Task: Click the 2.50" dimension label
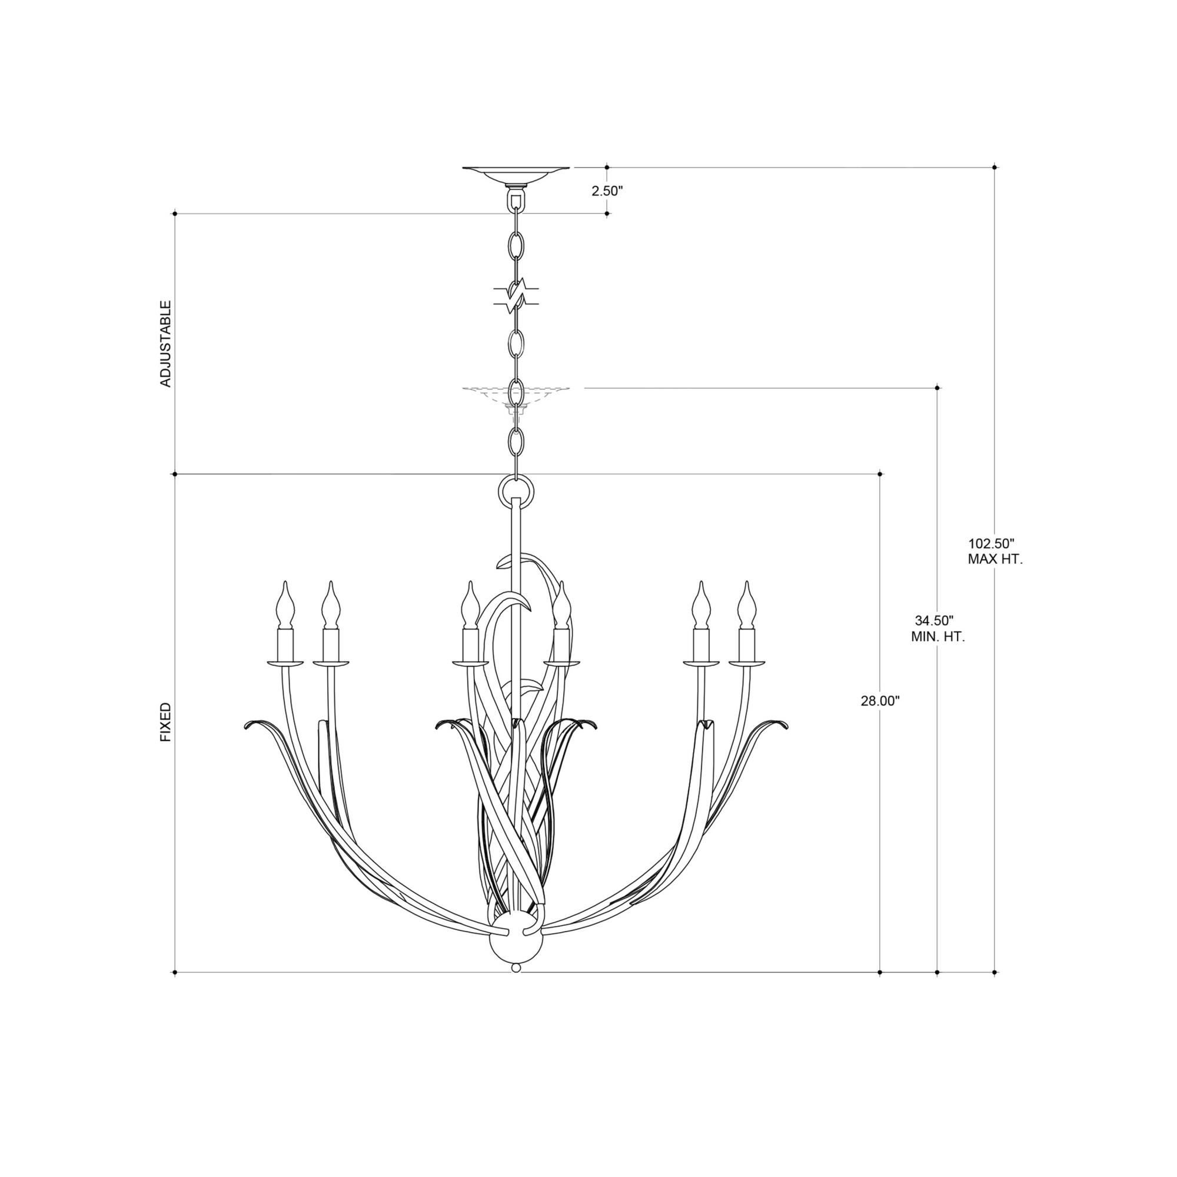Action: (x=607, y=191)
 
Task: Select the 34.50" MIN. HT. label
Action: (x=936, y=629)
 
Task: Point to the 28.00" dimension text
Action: (x=880, y=701)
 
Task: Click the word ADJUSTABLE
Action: (x=166, y=344)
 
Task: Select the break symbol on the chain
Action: (x=516, y=295)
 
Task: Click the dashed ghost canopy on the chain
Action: (x=516, y=393)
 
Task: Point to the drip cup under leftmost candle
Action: (x=285, y=663)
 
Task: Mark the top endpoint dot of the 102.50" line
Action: (x=995, y=167)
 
